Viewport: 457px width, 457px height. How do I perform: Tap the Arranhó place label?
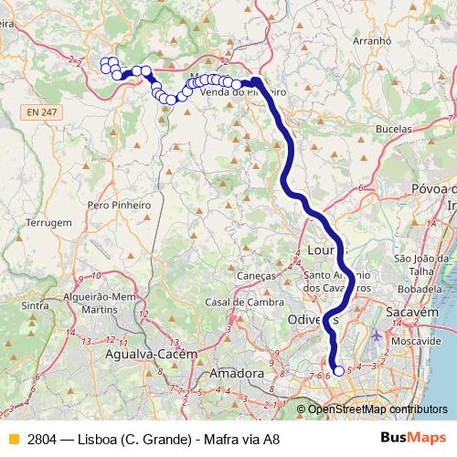coord(359,41)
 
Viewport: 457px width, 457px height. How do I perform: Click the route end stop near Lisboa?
coord(339,370)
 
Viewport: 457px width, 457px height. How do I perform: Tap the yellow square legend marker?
coord(14,439)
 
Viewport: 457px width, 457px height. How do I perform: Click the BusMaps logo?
coord(411,438)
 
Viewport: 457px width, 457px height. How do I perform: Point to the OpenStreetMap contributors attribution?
coord(377,409)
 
